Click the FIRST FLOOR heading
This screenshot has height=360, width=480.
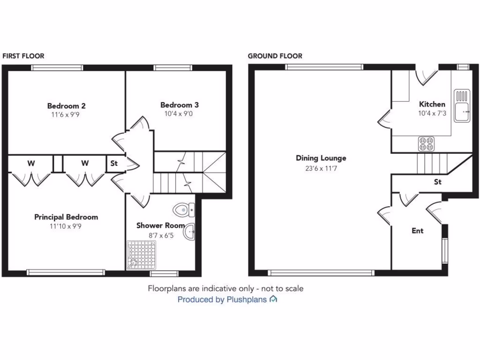(23, 56)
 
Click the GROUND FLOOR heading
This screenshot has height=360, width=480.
(275, 56)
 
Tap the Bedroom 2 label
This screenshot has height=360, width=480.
(66, 106)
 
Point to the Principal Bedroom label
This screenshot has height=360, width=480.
(66, 217)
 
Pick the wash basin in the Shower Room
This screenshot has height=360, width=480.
(189, 232)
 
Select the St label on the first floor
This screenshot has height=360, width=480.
(114, 164)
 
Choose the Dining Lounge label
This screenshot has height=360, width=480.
(321, 158)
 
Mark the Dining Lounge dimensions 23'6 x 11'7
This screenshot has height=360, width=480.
(321, 167)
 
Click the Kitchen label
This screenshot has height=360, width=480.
(432, 104)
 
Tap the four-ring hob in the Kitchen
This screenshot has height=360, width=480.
(426, 143)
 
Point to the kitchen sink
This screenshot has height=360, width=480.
(462, 106)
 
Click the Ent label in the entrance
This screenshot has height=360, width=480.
(417, 231)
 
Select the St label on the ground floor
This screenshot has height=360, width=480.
(438, 182)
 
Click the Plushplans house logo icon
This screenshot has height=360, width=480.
(273, 299)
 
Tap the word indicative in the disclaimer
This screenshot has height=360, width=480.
(219, 288)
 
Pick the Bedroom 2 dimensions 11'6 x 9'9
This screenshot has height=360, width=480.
(66, 114)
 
